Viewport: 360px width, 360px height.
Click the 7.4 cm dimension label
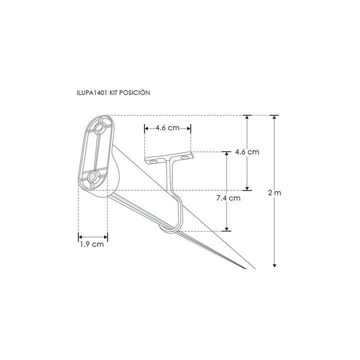(x=228, y=198)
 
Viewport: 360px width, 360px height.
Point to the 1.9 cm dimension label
(x=91, y=245)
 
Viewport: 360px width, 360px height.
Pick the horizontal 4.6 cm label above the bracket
(x=167, y=128)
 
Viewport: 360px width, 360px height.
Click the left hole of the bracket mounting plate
(x=152, y=160)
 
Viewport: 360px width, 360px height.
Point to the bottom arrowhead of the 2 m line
(x=274, y=264)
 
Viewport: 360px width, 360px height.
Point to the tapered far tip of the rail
(x=245, y=270)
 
